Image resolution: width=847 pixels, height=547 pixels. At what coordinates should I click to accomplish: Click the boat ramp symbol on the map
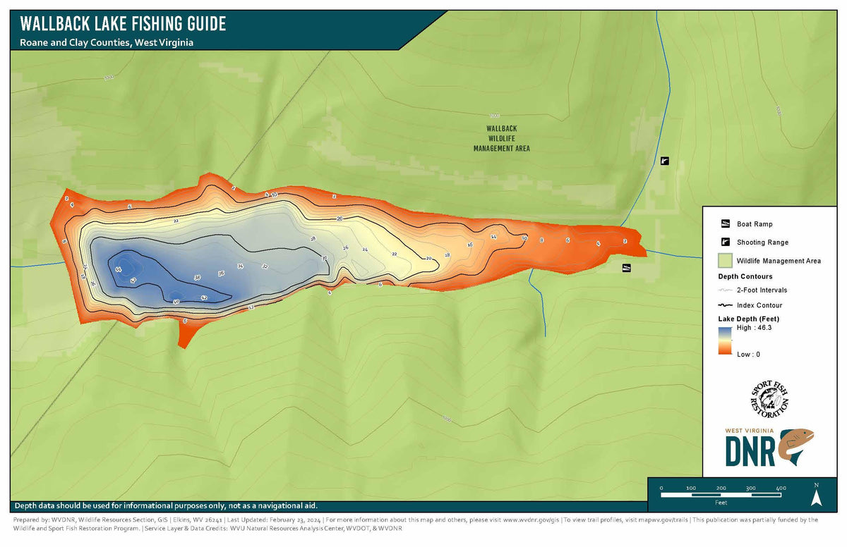(x=626, y=268)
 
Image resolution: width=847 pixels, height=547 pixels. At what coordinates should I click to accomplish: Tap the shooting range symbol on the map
(x=664, y=161)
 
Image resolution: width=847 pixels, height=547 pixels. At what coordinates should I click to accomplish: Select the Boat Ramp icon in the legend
(x=724, y=224)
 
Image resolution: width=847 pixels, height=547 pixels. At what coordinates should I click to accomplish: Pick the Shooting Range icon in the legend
(x=724, y=242)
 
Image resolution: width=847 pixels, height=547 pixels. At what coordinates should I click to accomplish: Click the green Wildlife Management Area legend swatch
(x=724, y=261)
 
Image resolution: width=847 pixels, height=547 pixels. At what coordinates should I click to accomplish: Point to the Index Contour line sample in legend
(x=724, y=305)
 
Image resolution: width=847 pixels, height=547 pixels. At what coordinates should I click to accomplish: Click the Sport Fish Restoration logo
(x=769, y=398)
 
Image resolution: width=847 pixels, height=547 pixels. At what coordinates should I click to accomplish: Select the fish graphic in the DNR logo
(x=796, y=446)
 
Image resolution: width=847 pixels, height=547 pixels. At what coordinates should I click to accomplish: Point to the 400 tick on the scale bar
(x=781, y=488)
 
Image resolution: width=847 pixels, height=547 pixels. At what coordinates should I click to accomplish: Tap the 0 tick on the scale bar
(x=661, y=488)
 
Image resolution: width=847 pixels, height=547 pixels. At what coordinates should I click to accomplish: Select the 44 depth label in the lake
(x=118, y=269)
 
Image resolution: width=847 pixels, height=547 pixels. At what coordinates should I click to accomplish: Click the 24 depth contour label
(x=365, y=250)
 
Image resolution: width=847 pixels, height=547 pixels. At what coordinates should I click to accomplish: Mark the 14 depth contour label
(x=493, y=238)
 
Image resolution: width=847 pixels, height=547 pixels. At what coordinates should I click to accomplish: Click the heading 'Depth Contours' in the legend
(x=735, y=276)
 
